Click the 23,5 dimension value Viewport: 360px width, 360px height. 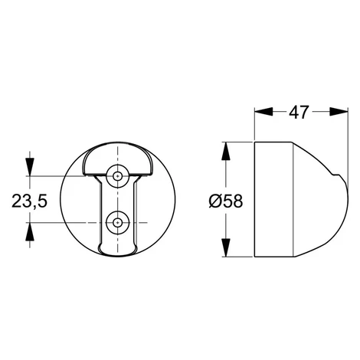coord(30,201)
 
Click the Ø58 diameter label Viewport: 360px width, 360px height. coord(226,201)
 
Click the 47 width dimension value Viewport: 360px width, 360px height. coord(299,112)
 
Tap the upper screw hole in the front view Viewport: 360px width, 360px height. coord(117,176)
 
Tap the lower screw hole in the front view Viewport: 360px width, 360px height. coord(117,223)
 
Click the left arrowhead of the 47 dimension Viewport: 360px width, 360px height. coord(263,112)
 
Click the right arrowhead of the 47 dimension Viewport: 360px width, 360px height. coord(339,112)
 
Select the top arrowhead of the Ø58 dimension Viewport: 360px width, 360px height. coord(226,151)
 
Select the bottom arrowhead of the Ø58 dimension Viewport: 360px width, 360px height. coord(226,247)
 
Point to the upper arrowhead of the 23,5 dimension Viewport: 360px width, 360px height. coord(30,167)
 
